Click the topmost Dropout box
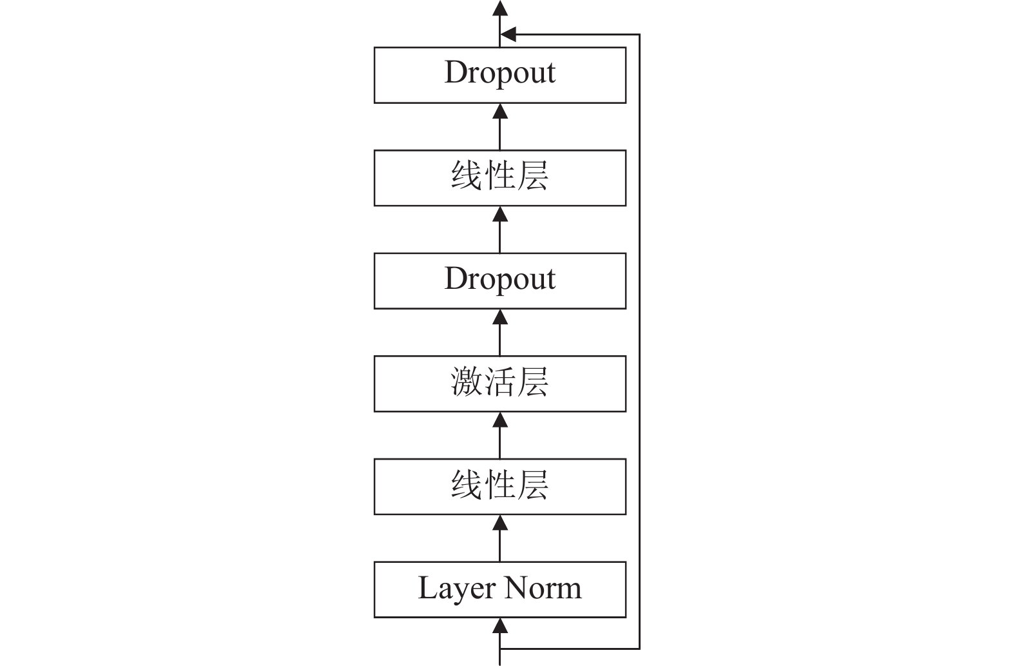click(500, 75)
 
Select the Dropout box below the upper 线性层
click(500, 281)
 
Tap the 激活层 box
click(500, 384)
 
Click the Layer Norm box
click(500, 590)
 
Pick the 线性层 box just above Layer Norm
click(500, 487)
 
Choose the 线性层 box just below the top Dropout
click(500, 178)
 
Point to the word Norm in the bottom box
click(543, 589)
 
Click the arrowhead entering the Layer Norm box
click(500, 625)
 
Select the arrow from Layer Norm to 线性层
click(500, 538)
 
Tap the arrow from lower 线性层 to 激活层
click(500, 435)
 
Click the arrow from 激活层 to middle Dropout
click(500, 332)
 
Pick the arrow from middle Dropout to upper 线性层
click(500, 230)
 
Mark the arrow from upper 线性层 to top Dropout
click(500, 126)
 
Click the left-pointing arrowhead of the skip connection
click(508, 34)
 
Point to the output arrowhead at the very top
click(500, 8)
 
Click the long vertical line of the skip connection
click(639, 342)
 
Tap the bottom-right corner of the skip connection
click(639, 649)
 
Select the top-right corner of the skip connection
click(639, 34)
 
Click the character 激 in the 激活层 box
click(467, 382)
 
